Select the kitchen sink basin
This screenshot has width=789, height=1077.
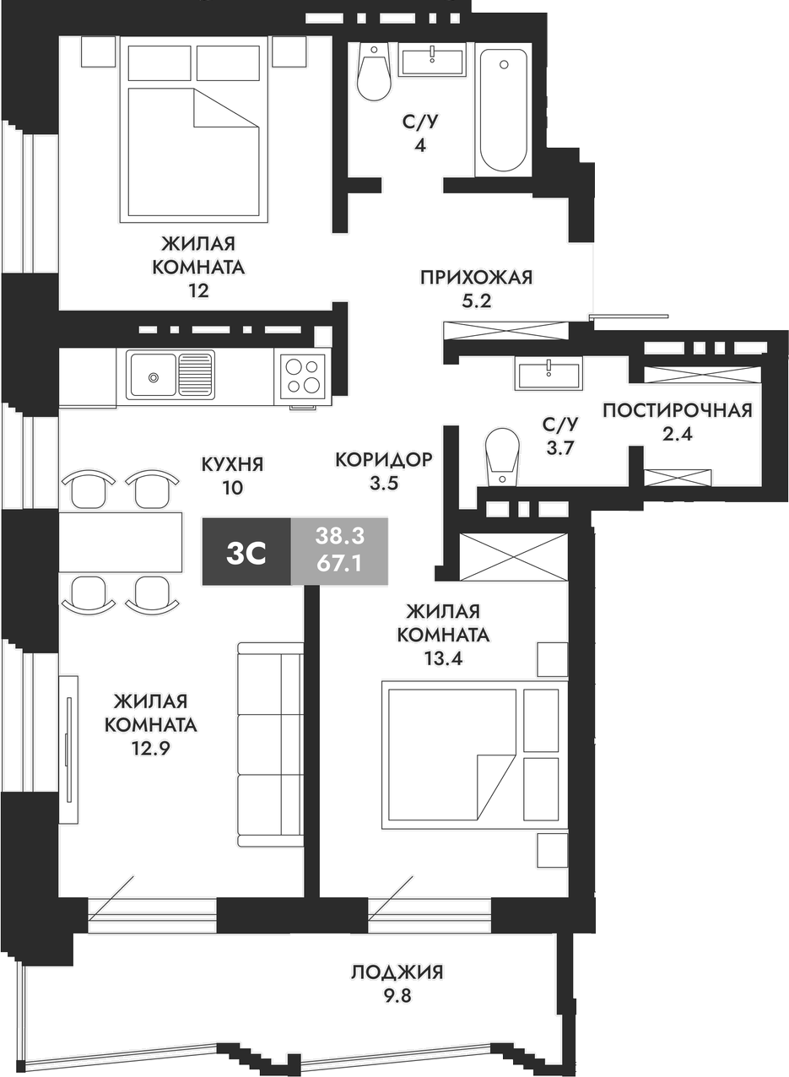153,375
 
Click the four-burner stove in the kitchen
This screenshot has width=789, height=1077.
304,376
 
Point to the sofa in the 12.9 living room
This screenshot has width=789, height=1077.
270,744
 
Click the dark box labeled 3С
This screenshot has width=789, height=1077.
246,553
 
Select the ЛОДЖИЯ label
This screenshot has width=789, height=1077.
397,972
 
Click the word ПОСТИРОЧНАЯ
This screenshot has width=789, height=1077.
677,411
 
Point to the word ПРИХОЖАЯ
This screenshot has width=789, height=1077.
477,277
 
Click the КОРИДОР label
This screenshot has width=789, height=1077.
383,459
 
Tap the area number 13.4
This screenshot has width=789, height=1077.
443,657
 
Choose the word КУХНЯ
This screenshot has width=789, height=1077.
232,463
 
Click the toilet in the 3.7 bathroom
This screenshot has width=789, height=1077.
501,457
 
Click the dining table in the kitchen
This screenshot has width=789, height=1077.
121,541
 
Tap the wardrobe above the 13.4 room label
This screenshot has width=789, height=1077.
514,557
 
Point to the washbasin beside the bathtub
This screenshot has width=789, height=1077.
432,61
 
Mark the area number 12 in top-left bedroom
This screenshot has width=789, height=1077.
198,291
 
